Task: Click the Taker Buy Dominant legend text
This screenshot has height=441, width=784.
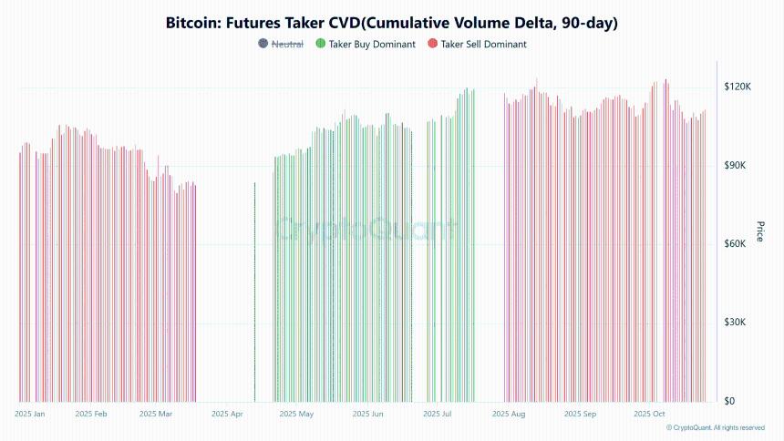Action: [x=372, y=44]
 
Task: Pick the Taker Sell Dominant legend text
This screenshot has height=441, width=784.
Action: [x=483, y=44]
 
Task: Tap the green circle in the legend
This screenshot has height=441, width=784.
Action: [x=320, y=44]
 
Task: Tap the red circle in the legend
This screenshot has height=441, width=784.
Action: [x=431, y=44]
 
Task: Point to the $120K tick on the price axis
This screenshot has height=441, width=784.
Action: [x=737, y=87]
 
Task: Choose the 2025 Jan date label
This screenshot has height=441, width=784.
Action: [x=30, y=414]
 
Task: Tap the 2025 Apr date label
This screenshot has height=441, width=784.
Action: [x=227, y=414]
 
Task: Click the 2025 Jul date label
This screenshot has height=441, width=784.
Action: [x=438, y=414]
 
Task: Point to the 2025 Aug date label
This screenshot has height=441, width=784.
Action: [x=508, y=414]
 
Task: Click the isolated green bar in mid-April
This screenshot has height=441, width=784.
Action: [x=254, y=292]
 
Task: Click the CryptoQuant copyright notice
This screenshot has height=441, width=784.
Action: [x=715, y=427]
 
